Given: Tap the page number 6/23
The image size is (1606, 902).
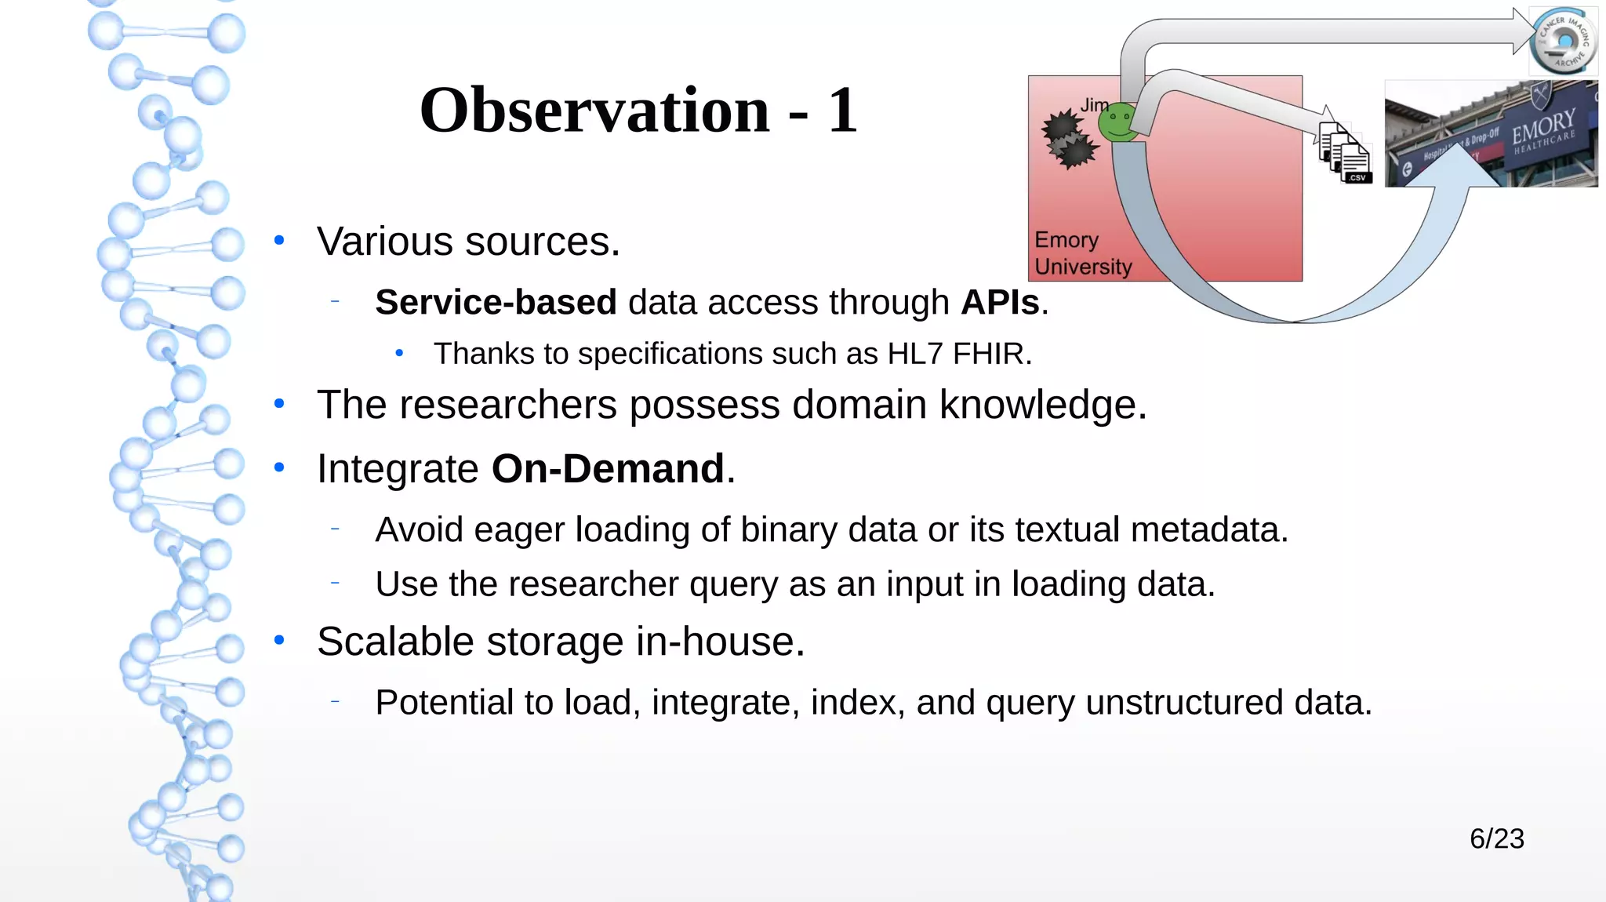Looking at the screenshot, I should pos(1496,838).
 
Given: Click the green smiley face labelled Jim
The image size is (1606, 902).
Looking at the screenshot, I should pos(1118,123).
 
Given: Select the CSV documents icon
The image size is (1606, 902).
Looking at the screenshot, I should pos(1346,153).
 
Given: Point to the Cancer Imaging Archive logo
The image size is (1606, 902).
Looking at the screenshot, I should pos(1564,41).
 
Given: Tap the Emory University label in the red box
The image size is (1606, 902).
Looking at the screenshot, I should pos(1082,253).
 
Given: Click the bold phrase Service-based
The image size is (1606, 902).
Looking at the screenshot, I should pos(496,303).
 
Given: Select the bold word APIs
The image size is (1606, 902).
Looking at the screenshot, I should pos(1000,303).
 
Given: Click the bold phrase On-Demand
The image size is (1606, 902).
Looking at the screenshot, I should pos(608,469).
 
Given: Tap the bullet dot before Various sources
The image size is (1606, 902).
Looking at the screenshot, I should pos(279,241).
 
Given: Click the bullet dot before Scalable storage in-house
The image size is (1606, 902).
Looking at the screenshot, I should pos(279,641).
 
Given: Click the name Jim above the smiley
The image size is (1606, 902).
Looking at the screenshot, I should pos(1095,105).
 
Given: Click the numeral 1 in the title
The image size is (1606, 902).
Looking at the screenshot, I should pos(842,111).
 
